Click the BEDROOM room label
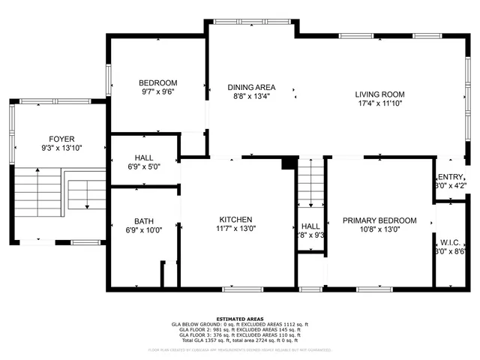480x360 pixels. pos(157,82)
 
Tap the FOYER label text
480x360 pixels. pos(61,139)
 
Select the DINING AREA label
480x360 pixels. pos(251,87)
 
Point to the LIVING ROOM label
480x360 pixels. pos(379,94)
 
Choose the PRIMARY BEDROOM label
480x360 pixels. pos(379,220)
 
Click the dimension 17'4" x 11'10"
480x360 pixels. pos(379,104)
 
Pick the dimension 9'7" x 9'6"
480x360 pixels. pos(157,92)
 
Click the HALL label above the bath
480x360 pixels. pos(144,157)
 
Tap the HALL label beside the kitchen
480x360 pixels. pos(310,226)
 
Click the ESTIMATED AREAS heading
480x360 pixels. pos(240,319)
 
